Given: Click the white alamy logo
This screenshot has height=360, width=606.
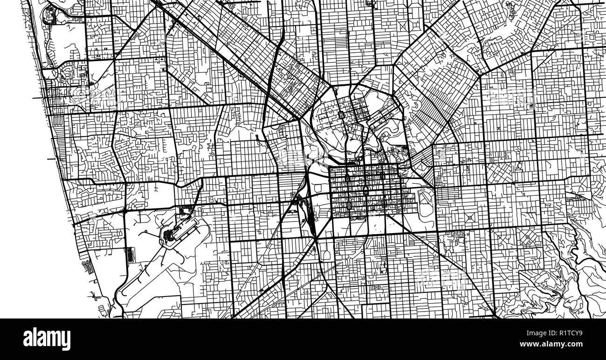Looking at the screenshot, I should (47, 339).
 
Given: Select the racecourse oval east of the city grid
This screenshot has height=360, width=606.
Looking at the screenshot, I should (425, 203).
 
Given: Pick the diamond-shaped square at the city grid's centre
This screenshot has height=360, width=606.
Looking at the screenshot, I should (365, 190).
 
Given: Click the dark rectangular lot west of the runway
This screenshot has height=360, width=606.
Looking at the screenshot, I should (130, 255).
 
